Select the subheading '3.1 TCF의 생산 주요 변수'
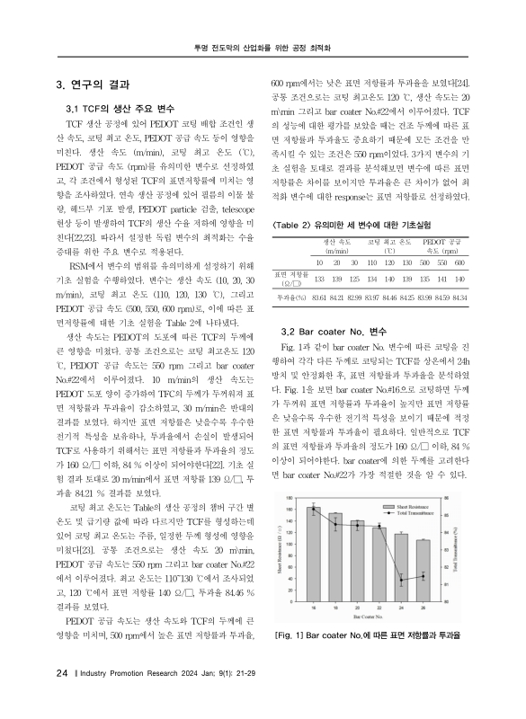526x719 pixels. (x=117, y=109)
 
